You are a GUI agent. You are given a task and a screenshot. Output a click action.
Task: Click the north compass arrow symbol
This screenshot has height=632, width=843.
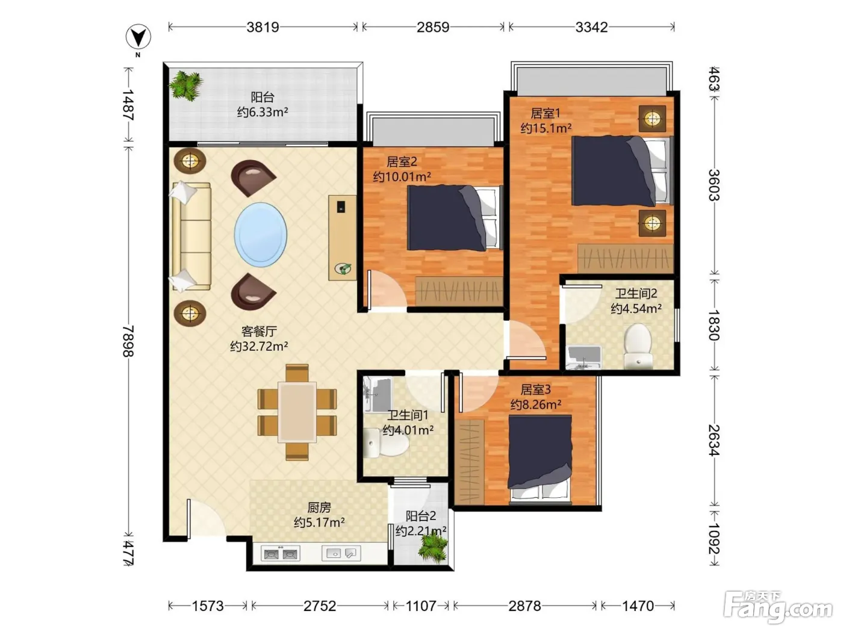pos(138,37)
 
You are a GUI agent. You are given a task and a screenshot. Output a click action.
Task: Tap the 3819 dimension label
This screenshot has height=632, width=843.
pos(263,27)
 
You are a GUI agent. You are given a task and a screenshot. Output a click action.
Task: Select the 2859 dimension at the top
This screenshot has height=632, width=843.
pos(433,27)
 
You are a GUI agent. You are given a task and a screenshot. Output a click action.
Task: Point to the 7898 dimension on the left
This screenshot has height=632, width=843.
pos(128,341)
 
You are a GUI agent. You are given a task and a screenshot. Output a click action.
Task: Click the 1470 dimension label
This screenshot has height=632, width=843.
pos(638,606)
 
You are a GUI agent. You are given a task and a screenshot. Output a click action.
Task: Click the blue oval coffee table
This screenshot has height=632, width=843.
pos(261,235)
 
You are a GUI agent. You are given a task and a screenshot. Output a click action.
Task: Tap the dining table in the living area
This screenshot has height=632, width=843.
pos(297,412)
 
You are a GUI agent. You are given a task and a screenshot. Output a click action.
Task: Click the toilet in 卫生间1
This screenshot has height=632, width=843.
pos(385,443)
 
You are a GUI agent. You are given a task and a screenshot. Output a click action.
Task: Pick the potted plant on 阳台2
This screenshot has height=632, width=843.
pos(433,548)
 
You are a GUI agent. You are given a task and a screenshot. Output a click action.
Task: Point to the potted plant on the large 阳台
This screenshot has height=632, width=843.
pos(186,85)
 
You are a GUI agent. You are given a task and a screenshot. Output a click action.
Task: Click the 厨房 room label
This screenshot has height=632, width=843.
pos(319,507)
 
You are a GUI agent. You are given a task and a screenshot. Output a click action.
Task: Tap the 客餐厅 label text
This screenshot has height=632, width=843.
pos(259,331)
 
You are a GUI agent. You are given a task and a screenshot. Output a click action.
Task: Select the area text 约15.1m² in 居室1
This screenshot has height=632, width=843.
pos(546,128)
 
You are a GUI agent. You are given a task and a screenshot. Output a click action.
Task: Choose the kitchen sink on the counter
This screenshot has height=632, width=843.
pos(341,553)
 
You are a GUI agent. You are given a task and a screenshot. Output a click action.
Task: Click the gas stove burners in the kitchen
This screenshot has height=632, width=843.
pos(281,554)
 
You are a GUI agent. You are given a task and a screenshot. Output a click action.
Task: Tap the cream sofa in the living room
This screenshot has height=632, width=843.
pos(191,237)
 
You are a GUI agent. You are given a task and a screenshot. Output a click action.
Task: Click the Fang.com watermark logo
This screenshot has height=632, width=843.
pos(778,607)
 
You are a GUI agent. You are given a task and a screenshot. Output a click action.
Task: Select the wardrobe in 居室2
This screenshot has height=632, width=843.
pos(459,292)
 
